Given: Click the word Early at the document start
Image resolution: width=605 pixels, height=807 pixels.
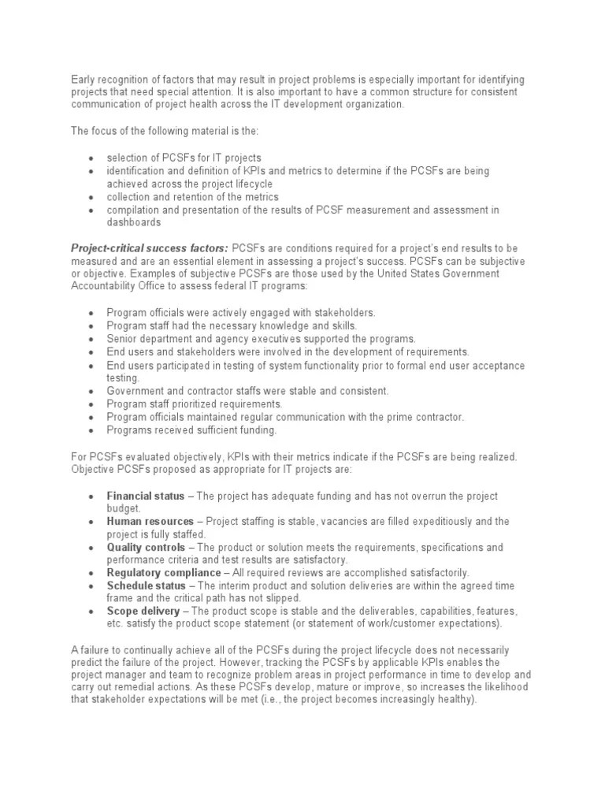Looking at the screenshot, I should (x=84, y=80).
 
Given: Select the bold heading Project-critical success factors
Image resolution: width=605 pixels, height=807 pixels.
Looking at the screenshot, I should (x=150, y=248).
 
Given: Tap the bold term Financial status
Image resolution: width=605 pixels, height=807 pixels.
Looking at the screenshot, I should (x=146, y=496).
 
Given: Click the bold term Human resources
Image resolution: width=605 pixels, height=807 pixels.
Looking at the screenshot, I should (x=150, y=522).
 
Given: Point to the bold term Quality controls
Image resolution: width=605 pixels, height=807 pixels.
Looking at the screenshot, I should (x=147, y=547).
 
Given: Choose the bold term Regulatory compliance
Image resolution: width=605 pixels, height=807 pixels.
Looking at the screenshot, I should (x=164, y=572).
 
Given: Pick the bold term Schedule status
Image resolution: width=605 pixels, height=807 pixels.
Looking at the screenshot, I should (x=147, y=586).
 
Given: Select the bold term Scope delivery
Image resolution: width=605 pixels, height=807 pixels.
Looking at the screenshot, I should (x=143, y=611).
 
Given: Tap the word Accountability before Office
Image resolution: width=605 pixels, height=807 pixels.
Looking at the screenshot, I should (x=103, y=286).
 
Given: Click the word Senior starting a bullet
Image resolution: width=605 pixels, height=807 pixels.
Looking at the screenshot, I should (x=122, y=338).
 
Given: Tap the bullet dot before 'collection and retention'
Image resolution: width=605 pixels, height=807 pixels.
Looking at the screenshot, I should (x=91, y=197).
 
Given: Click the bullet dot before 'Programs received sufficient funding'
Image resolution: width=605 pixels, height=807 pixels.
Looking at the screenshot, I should (x=91, y=430).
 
